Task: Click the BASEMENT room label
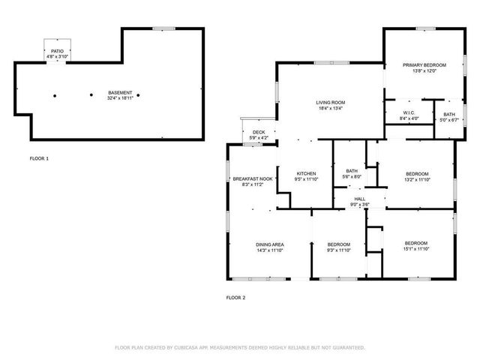point(120,91)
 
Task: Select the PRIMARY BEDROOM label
point(424,65)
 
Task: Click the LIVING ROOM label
point(330,102)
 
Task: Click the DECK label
point(259,131)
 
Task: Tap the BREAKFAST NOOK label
point(252,178)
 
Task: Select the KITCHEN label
point(306,173)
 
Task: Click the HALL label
point(359,199)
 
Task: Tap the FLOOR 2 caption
point(235,298)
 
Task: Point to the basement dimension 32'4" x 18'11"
point(120,97)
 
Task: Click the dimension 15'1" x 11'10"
point(416,249)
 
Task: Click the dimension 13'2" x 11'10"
point(417,179)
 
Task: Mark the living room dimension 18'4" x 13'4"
point(330,108)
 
